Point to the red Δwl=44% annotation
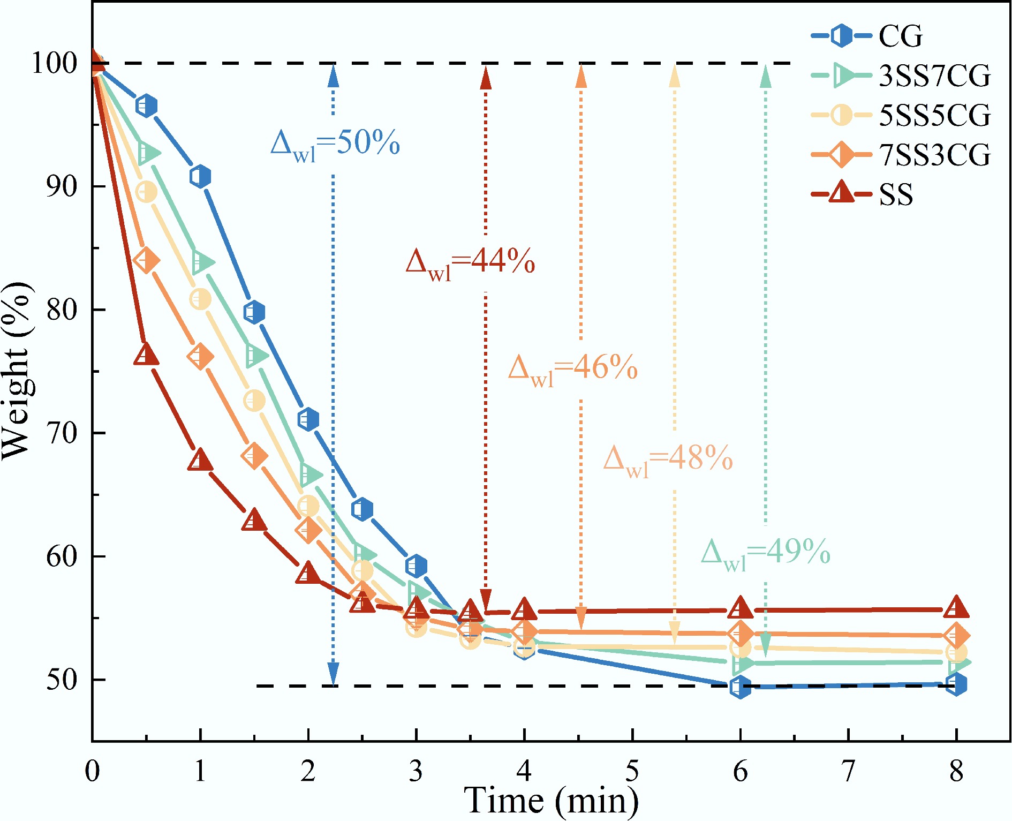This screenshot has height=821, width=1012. point(470,263)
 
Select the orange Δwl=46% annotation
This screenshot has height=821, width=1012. point(573,369)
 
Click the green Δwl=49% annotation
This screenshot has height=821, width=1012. point(766,553)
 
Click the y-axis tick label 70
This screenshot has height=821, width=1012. point(62,433)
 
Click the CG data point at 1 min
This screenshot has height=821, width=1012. point(200,176)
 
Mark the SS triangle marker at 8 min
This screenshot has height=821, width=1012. point(956,608)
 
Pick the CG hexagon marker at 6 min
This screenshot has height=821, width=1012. point(740,687)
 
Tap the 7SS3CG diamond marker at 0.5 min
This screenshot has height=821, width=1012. point(146,260)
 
